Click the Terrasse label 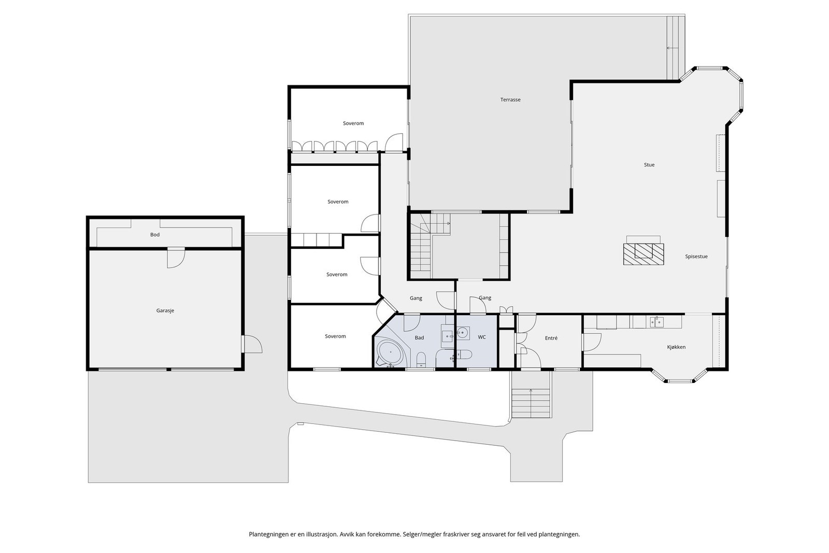tap(510, 100)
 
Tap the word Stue tap(649, 165)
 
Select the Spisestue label tap(696, 256)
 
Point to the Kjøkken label tap(676, 347)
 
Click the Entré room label tap(551, 338)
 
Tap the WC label tap(481, 337)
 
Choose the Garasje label tap(165, 310)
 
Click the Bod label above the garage tap(155, 234)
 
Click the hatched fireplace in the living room tap(643, 254)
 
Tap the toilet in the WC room tap(464, 355)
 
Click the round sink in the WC tap(463, 333)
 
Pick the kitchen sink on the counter tap(656, 322)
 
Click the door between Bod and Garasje tap(176, 257)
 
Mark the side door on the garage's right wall tap(252, 344)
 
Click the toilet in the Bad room tap(421, 359)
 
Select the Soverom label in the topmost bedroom tap(353, 123)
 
